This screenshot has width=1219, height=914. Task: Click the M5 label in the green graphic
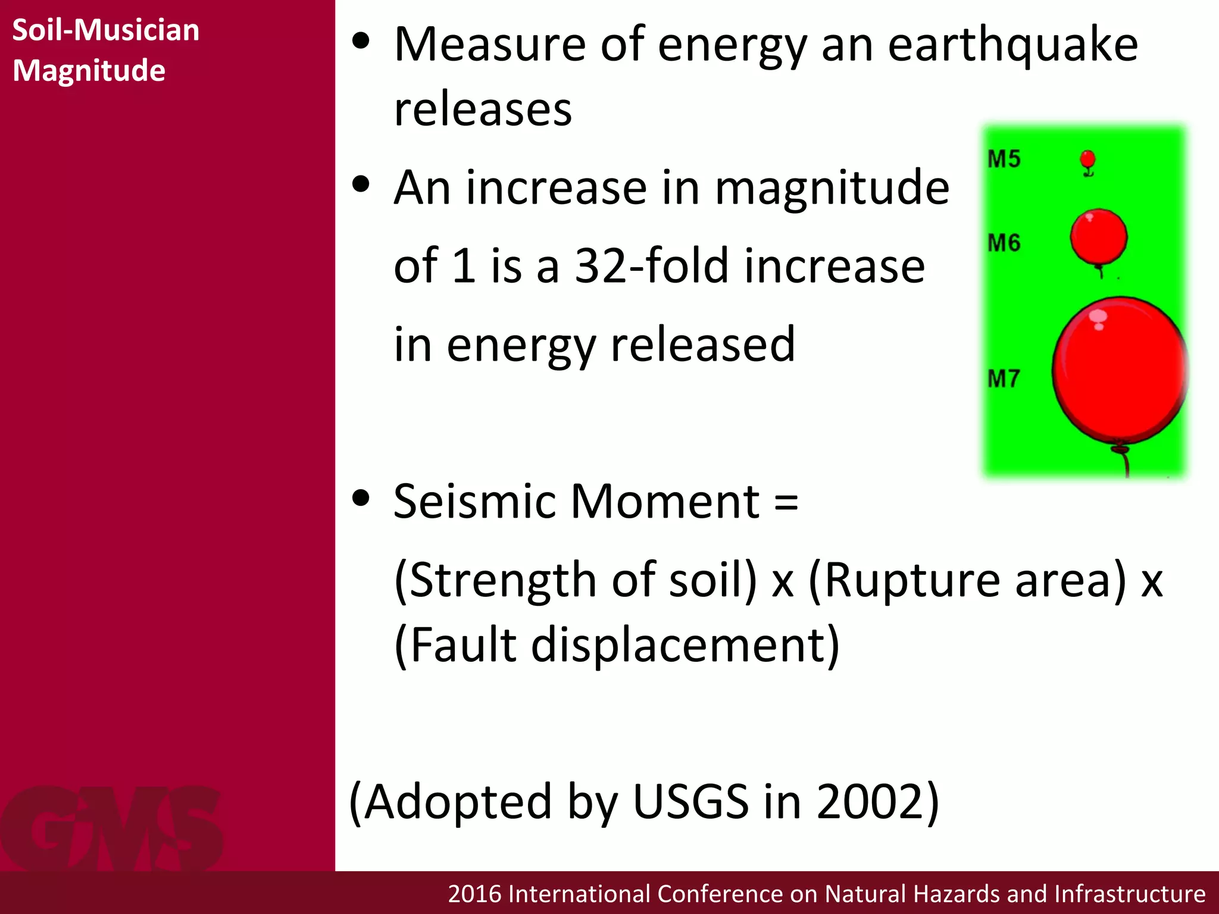pyautogui.click(x=1004, y=159)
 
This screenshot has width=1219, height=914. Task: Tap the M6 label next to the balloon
pyautogui.click(x=1004, y=243)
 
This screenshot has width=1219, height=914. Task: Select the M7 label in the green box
pyautogui.click(x=1004, y=378)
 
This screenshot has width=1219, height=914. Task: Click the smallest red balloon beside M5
pyautogui.click(x=1087, y=160)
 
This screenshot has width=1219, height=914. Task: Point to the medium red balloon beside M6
pyautogui.click(x=1098, y=236)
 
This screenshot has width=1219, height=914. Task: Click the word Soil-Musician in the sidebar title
pyautogui.click(x=105, y=30)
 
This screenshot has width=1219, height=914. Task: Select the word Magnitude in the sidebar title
pyautogui.click(x=89, y=71)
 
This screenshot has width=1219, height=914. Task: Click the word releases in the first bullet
pyautogui.click(x=483, y=110)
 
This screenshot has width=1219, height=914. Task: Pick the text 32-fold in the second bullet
pyautogui.click(x=651, y=266)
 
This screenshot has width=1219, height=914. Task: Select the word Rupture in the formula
pyautogui.click(x=910, y=580)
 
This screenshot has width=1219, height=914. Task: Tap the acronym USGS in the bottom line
pyautogui.click(x=690, y=802)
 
